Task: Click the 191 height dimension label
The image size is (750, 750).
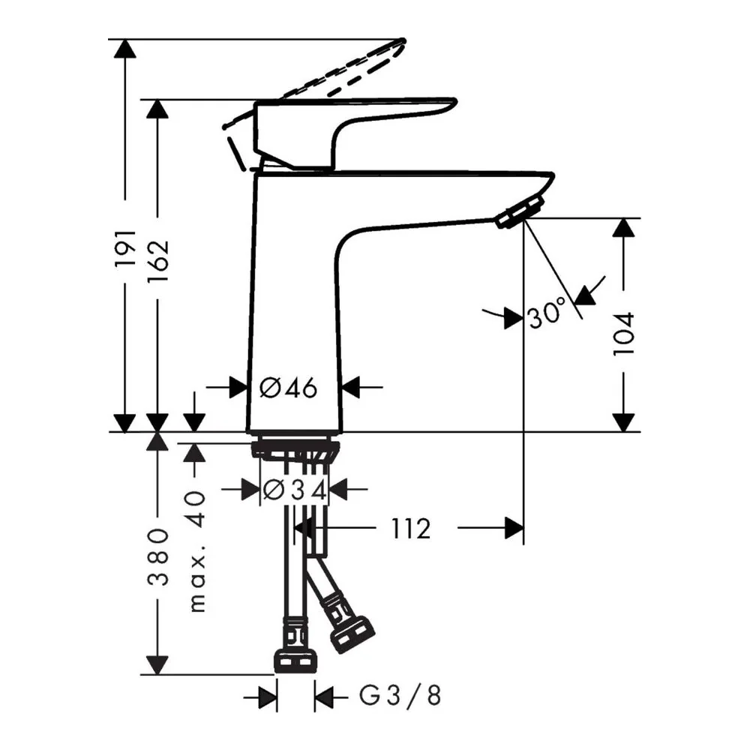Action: tap(126, 247)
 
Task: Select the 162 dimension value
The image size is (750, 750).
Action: tap(158, 260)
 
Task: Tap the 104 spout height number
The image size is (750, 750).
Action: tap(624, 334)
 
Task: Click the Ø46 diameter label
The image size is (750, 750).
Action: tap(288, 388)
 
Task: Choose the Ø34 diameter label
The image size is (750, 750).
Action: tap(295, 490)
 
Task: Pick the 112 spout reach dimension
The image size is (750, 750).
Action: tap(411, 529)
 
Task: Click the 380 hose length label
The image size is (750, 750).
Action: tap(157, 556)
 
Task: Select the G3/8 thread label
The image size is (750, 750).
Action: tap(400, 695)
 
